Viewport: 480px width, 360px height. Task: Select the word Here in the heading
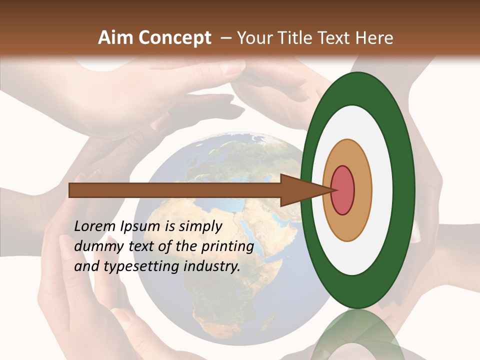click(x=375, y=38)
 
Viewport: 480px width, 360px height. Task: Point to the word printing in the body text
click(x=227, y=247)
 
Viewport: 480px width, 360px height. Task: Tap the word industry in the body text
click(x=212, y=266)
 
